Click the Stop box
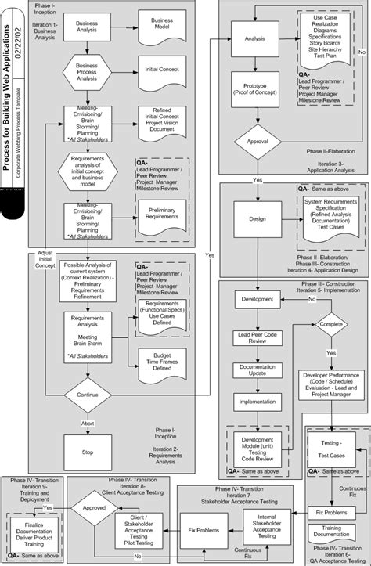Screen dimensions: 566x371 click(x=87, y=452)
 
